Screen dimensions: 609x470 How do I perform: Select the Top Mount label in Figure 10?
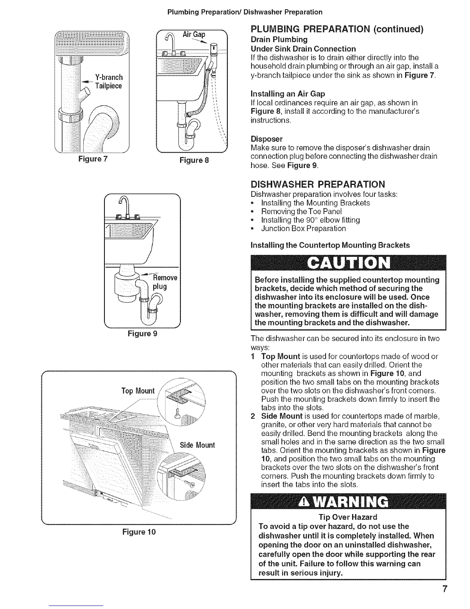[x=137, y=391]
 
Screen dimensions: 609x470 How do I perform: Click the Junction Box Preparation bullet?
[x=303, y=229]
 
